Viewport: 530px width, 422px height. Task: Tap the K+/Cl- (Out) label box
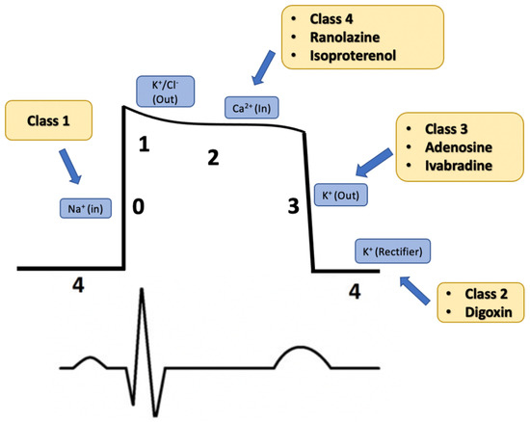tap(168, 92)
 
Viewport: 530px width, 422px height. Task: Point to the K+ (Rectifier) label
tap(394, 251)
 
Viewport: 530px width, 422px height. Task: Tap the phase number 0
tap(139, 205)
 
